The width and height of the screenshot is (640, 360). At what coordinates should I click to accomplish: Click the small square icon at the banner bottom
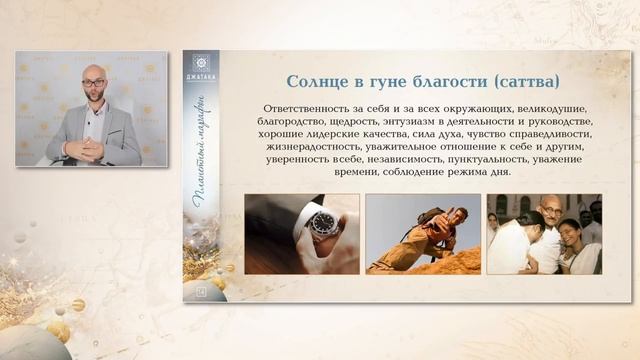pyautogui.click(x=201, y=291)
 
